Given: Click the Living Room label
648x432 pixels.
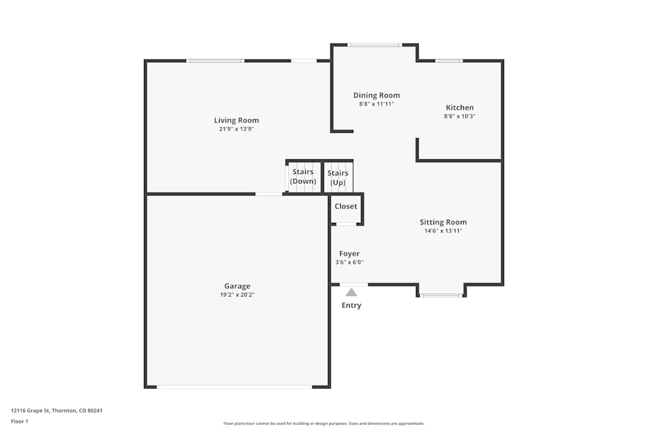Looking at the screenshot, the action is pyautogui.click(x=237, y=120).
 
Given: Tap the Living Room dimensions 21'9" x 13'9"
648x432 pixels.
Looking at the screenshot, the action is pyautogui.click(x=237, y=129).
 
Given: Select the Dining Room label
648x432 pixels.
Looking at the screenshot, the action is pyautogui.click(x=376, y=95).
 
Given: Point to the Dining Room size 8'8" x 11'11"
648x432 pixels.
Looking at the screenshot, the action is pyautogui.click(x=376, y=104).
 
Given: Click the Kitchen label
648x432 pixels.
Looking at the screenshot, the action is pyautogui.click(x=459, y=108).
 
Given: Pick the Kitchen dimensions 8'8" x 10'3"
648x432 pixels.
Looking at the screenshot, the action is pyautogui.click(x=459, y=116).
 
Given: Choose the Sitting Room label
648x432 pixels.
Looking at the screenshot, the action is pyautogui.click(x=443, y=222).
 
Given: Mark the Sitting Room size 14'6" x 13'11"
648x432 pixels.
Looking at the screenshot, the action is pyautogui.click(x=443, y=231).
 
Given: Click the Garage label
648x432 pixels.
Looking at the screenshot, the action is pyautogui.click(x=237, y=286).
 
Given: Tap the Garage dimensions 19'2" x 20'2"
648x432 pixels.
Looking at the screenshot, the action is pyautogui.click(x=237, y=295).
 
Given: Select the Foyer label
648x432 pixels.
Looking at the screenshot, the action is pyautogui.click(x=349, y=254).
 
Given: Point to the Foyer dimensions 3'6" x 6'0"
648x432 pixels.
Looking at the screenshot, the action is pyautogui.click(x=349, y=262).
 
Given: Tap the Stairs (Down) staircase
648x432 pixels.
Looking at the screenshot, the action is pyautogui.click(x=304, y=177).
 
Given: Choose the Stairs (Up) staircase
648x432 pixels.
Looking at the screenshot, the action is pyautogui.click(x=338, y=177).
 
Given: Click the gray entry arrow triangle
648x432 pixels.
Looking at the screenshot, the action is pyautogui.click(x=351, y=293).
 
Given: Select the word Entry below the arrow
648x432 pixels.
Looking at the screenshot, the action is pyautogui.click(x=351, y=305).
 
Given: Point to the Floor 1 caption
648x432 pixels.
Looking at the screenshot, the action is pyautogui.click(x=19, y=421).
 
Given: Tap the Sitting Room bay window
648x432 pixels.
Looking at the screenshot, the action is pyautogui.click(x=441, y=295).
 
